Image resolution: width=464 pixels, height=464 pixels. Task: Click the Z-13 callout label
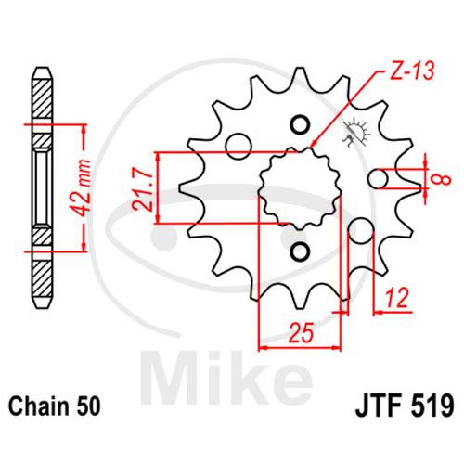tap(411, 71)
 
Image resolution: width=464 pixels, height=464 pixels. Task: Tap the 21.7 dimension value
tap(143, 187)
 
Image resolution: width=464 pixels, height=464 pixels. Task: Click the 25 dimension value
tap(301, 333)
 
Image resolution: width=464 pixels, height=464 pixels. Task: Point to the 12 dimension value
tap(396, 298)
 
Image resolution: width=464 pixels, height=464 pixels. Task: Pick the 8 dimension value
tap(444, 179)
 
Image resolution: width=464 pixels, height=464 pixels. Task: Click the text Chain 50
tap(55, 406)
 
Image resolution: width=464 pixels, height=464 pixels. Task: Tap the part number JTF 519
tap(406, 406)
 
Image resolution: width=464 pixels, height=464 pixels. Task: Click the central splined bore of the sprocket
tap(300, 188)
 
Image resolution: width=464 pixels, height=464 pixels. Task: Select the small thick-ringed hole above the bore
tap(300, 124)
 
